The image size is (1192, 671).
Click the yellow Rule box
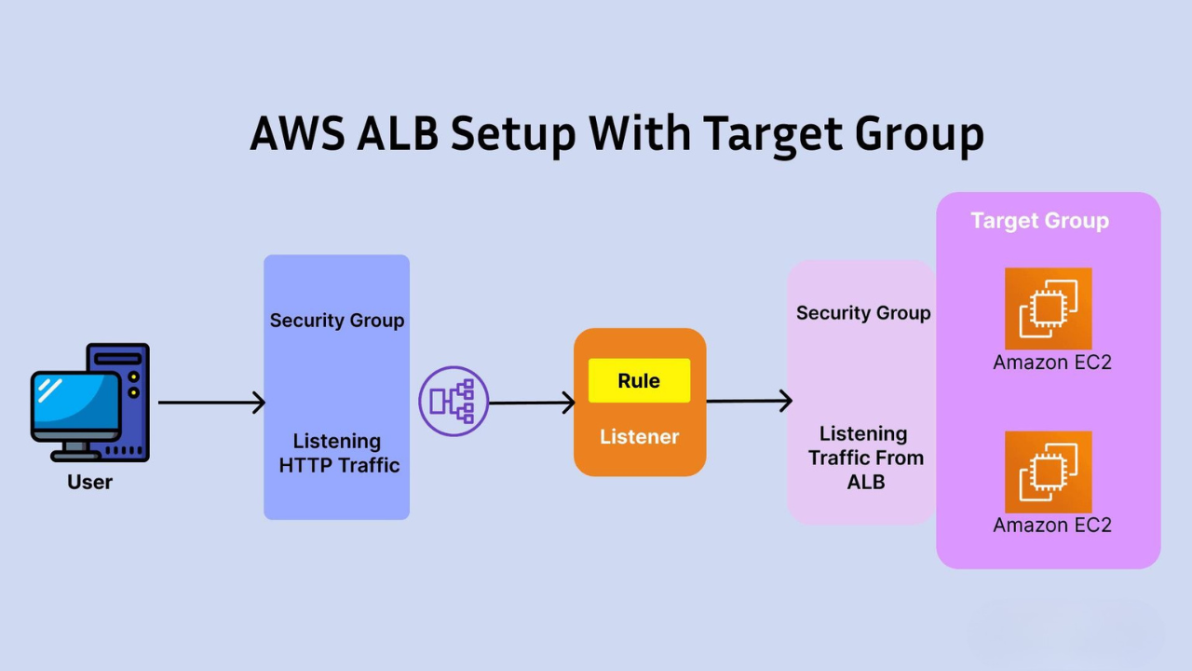pos(639,380)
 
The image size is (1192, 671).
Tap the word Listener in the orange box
pos(639,436)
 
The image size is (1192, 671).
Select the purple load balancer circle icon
pos(454,402)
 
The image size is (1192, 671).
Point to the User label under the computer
pos(89,482)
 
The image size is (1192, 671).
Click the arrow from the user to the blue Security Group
pos(211,403)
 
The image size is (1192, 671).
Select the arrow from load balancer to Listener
pos(531,403)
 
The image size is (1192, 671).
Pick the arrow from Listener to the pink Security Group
pos(749,402)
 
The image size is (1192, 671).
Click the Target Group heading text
pos(1039,221)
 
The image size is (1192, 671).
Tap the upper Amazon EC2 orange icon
pos(1048,308)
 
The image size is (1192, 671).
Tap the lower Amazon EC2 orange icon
pos(1048,472)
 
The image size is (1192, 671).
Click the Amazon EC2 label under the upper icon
pos(1052,363)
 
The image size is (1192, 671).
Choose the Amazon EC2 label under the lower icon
pos(1052,525)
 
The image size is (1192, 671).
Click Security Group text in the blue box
pos(337,321)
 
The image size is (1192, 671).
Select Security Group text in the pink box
pos(863,313)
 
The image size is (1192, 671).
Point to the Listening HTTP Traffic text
pos(338,453)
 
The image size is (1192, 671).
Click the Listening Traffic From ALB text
pos(865,458)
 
